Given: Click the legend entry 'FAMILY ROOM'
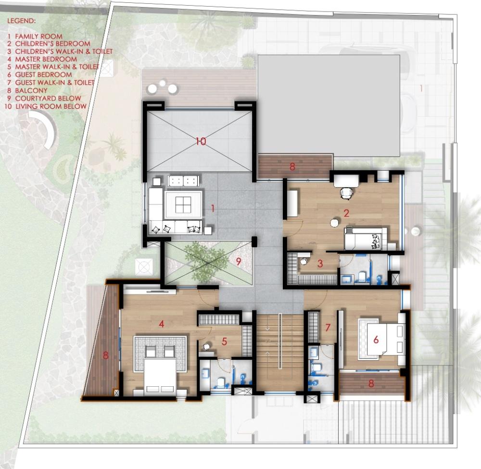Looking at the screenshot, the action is pos(38,36).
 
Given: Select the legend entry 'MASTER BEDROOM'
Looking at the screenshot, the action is pos(46,59).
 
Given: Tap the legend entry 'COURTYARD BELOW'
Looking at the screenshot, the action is pos(48,98).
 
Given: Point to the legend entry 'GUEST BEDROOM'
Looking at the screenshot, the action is pos(44,75).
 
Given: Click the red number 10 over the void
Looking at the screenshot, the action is pos(201,141).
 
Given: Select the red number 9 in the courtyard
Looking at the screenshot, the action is pos(238,261).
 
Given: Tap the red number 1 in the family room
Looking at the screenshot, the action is pos(213,209).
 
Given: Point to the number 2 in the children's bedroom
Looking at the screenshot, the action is pos(346,213).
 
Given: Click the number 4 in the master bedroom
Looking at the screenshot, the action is pos(161,324).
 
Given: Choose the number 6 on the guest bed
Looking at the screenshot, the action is pos(376,340).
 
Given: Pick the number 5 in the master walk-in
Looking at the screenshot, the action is pos(224,342).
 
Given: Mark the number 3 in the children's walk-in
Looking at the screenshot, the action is pos(320,263).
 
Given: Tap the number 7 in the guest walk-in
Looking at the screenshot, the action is pos(328,328).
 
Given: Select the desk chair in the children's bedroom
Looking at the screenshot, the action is pos(347,193).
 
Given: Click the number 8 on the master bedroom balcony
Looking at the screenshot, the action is pos(105,355).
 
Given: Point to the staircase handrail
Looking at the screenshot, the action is pos(280,341).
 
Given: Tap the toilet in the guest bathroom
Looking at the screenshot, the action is pos(316,367).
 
